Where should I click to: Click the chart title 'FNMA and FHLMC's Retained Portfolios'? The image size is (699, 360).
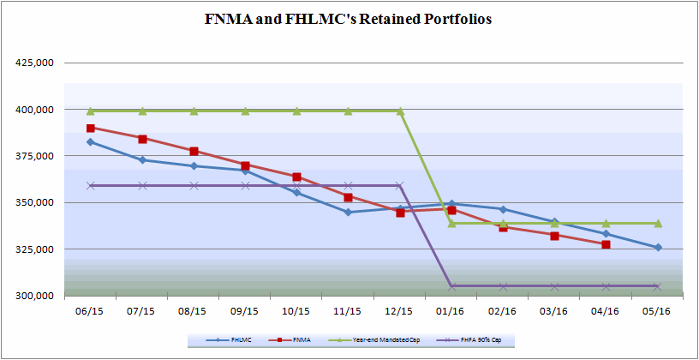click(x=349, y=20)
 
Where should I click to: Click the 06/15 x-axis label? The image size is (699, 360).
click(x=91, y=311)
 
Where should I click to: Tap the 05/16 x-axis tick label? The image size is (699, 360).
click(x=657, y=311)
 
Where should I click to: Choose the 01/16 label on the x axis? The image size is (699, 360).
click(x=451, y=311)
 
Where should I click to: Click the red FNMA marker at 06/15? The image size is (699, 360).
click(x=91, y=129)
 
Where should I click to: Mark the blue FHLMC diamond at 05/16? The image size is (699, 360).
click(x=657, y=248)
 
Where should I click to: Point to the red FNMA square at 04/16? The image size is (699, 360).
click(x=606, y=244)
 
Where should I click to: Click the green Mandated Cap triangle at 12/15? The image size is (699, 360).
click(x=400, y=111)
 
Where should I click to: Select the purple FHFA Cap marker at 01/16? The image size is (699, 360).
click(x=451, y=286)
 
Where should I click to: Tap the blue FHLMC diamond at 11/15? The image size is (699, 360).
click(x=349, y=212)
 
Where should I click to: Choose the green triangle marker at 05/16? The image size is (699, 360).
click(x=657, y=223)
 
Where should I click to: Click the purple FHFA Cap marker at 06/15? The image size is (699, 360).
click(x=91, y=185)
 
